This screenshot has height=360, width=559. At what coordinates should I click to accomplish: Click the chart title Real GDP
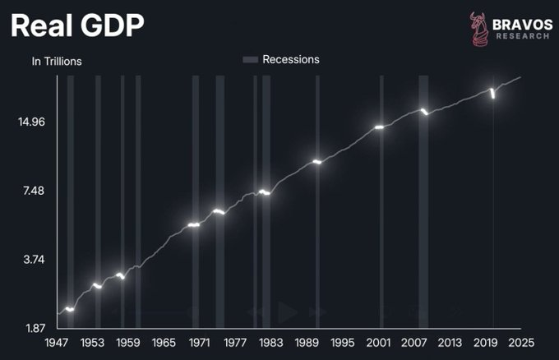pyautogui.click(x=77, y=26)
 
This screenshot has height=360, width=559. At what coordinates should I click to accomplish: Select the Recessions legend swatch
pyautogui.click(x=251, y=60)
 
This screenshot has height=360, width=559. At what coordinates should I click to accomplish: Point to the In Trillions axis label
pyautogui.click(x=57, y=62)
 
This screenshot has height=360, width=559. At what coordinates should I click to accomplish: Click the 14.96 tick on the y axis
pyautogui.click(x=32, y=122)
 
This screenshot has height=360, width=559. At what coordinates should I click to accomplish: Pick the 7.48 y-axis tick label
pyautogui.click(x=32, y=192)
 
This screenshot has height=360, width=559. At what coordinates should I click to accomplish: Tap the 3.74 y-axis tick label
pyautogui.click(x=32, y=260)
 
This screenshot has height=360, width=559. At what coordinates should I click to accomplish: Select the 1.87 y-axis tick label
pyautogui.click(x=32, y=329)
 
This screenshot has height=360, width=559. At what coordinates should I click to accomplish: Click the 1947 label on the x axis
pyautogui.click(x=57, y=343)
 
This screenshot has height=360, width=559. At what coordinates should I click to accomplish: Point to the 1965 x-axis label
pyautogui.click(x=164, y=343)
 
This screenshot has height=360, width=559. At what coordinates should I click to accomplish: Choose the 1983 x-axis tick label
pyautogui.click(x=270, y=343)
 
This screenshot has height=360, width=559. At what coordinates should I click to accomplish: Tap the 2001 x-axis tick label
pyautogui.click(x=378, y=343)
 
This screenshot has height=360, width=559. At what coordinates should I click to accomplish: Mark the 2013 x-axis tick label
pyautogui.click(x=450, y=343)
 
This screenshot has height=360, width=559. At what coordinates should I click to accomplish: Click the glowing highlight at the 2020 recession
pyautogui.click(x=492, y=94)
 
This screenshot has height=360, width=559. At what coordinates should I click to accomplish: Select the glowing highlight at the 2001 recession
pyautogui.click(x=380, y=127)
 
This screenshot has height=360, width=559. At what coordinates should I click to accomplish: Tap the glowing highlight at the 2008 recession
pyautogui.click(x=424, y=111)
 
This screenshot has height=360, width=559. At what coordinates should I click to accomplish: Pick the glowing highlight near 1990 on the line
pyautogui.click(x=316, y=162)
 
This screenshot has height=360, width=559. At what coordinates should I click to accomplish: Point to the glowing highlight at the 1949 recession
pyautogui.click(x=70, y=309)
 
